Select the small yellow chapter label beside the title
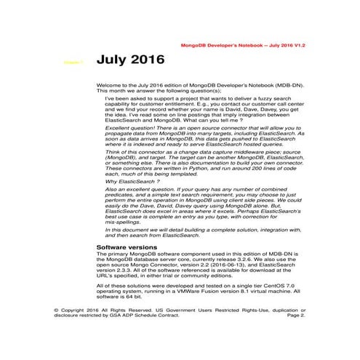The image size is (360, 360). click(x=72, y=63)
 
